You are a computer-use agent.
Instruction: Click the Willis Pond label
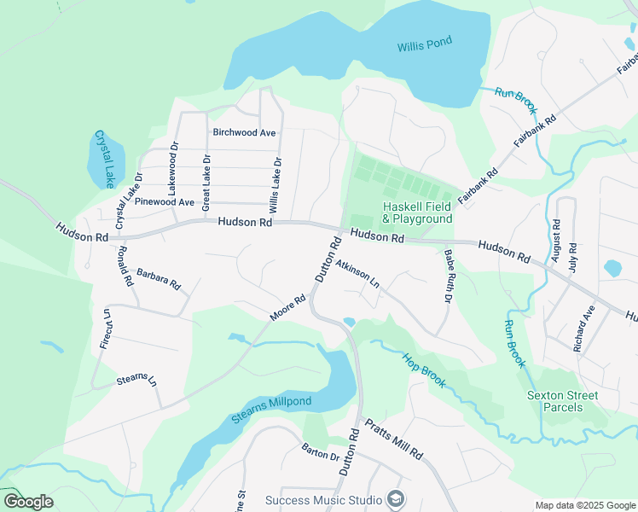click(424, 45)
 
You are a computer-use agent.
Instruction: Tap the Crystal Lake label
click(104, 159)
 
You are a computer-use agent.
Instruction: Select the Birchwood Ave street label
click(244, 133)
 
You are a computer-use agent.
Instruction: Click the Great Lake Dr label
click(206, 182)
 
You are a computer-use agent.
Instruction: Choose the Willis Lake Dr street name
click(275, 185)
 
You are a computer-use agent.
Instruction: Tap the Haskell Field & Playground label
click(417, 212)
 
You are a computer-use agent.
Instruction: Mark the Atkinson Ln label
click(357, 271)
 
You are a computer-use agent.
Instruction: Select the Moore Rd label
click(287, 309)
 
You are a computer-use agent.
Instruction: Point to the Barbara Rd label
click(159, 276)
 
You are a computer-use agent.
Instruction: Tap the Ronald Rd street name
click(125, 265)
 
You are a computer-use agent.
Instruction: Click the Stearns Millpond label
click(271, 410)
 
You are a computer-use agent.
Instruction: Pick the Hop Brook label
click(424, 369)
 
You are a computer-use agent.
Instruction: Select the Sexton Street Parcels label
click(562, 401)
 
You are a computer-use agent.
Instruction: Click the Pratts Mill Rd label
click(393, 439)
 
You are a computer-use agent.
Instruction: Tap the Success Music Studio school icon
click(395, 498)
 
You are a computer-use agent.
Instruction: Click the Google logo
click(28, 501)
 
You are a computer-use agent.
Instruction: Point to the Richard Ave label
click(583, 330)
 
